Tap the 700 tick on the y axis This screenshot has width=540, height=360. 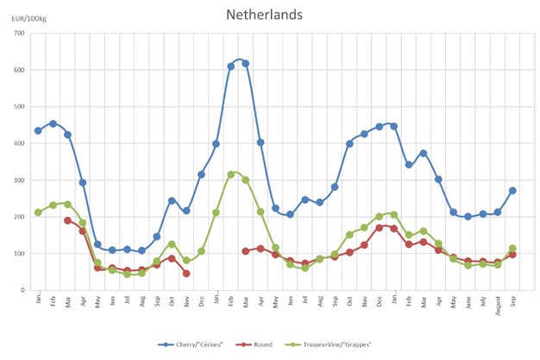click(18, 34)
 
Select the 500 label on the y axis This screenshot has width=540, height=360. click(18, 107)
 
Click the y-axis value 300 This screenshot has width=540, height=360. click(18, 180)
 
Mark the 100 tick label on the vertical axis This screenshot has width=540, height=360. click(18, 254)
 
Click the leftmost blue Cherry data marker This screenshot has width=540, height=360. click(38, 130)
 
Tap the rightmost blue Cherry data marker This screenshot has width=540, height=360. click(512, 191)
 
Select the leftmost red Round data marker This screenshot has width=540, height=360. click(67, 220)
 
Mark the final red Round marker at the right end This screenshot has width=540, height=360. click(512, 255)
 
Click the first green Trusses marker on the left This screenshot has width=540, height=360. click(38, 212)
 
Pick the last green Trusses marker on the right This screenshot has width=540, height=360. click(512, 249)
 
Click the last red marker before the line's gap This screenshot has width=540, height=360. click(186, 273)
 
